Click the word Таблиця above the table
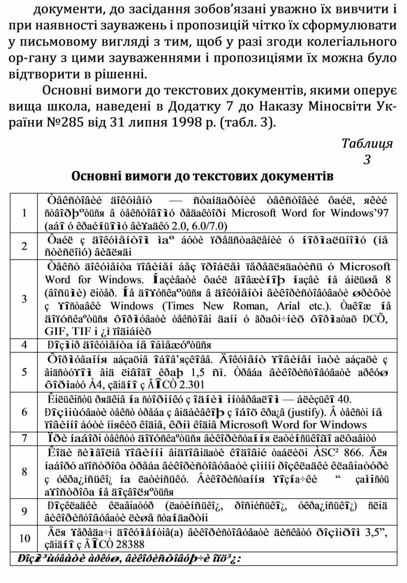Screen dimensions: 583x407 coord(367,144)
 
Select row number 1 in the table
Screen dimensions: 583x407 coord(24,212)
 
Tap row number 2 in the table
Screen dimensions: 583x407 coord(24,246)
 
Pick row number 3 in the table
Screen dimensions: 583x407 coord(24,298)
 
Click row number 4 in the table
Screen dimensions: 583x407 coord(24,344)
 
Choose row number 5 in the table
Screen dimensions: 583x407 coord(24,372)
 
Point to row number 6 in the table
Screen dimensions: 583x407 coord(24,412)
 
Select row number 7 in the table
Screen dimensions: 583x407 coord(24,438)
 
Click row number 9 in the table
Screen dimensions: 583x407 coord(24,511)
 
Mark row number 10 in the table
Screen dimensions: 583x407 coord(24,539)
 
